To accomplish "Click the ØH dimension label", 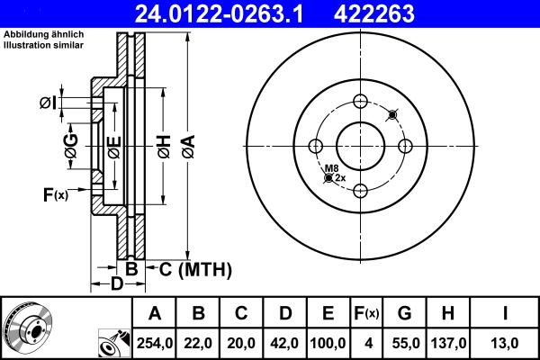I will click(x=163, y=149).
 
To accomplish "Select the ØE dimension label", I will click(x=113, y=148).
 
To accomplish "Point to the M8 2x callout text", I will click(x=333, y=173).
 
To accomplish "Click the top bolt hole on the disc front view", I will click(x=361, y=102).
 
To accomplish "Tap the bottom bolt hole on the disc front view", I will click(x=361, y=190).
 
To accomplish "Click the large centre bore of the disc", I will click(x=361, y=146).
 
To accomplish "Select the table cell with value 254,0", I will click(x=155, y=342).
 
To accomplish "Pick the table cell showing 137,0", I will click(x=447, y=342).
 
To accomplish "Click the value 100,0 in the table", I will click(x=328, y=342).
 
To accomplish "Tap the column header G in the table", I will click(x=405, y=313).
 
